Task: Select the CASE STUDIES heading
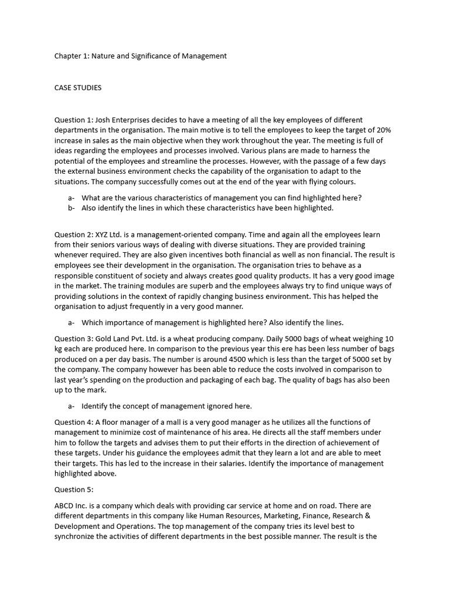pyautogui.click(x=78, y=88)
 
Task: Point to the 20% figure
pyautogui.click(x=383, y=130)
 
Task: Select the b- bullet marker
pyautogui.click(x=71, y=208)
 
